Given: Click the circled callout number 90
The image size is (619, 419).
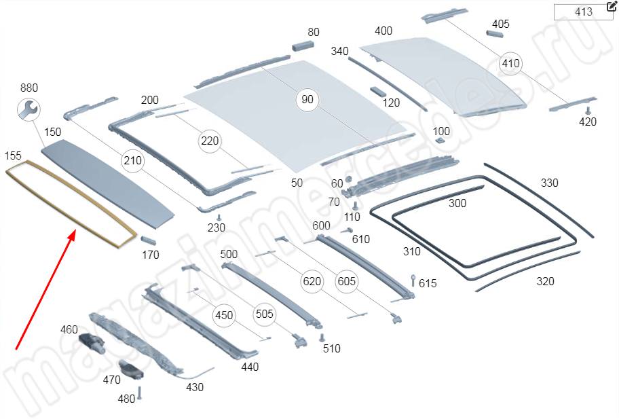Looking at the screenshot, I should click(x=307, y=100).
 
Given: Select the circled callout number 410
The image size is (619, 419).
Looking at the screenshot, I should click(x=510, y=64).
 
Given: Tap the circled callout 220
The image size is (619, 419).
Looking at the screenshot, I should click(x=210, y=141).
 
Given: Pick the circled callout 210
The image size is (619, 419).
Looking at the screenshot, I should click(x=132, y=161).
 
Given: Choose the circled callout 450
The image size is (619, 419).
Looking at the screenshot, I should click(x=224, y=315).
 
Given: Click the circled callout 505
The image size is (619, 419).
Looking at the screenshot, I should click(x=265, y=314).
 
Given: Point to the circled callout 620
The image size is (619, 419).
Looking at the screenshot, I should click(x=312, y=281).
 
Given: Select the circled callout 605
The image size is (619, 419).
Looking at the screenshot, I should click(x=346, y=281).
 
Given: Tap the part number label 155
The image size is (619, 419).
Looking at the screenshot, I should click(x=14, y=156).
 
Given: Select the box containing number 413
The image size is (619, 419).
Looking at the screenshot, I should click(x=583, y=12).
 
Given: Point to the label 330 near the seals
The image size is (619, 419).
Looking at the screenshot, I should click(x=549, y=183).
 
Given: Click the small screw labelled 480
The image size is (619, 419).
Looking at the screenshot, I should click(x=139, y=393).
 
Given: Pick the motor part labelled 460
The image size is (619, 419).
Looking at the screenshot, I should click(x=90, y=342).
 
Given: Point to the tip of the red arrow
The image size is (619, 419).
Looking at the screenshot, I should click(x=73, y=231).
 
